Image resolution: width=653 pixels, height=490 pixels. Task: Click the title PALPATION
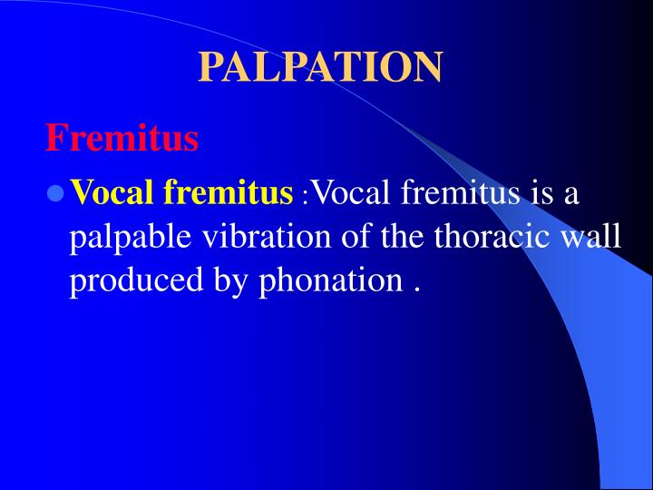[320, 67]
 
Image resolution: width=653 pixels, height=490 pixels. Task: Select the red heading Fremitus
[122, 139]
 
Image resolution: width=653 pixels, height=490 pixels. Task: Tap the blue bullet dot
[55, 193]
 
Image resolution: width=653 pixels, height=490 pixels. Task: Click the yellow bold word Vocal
[114, 192]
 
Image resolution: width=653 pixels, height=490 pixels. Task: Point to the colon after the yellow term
[305, 196]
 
